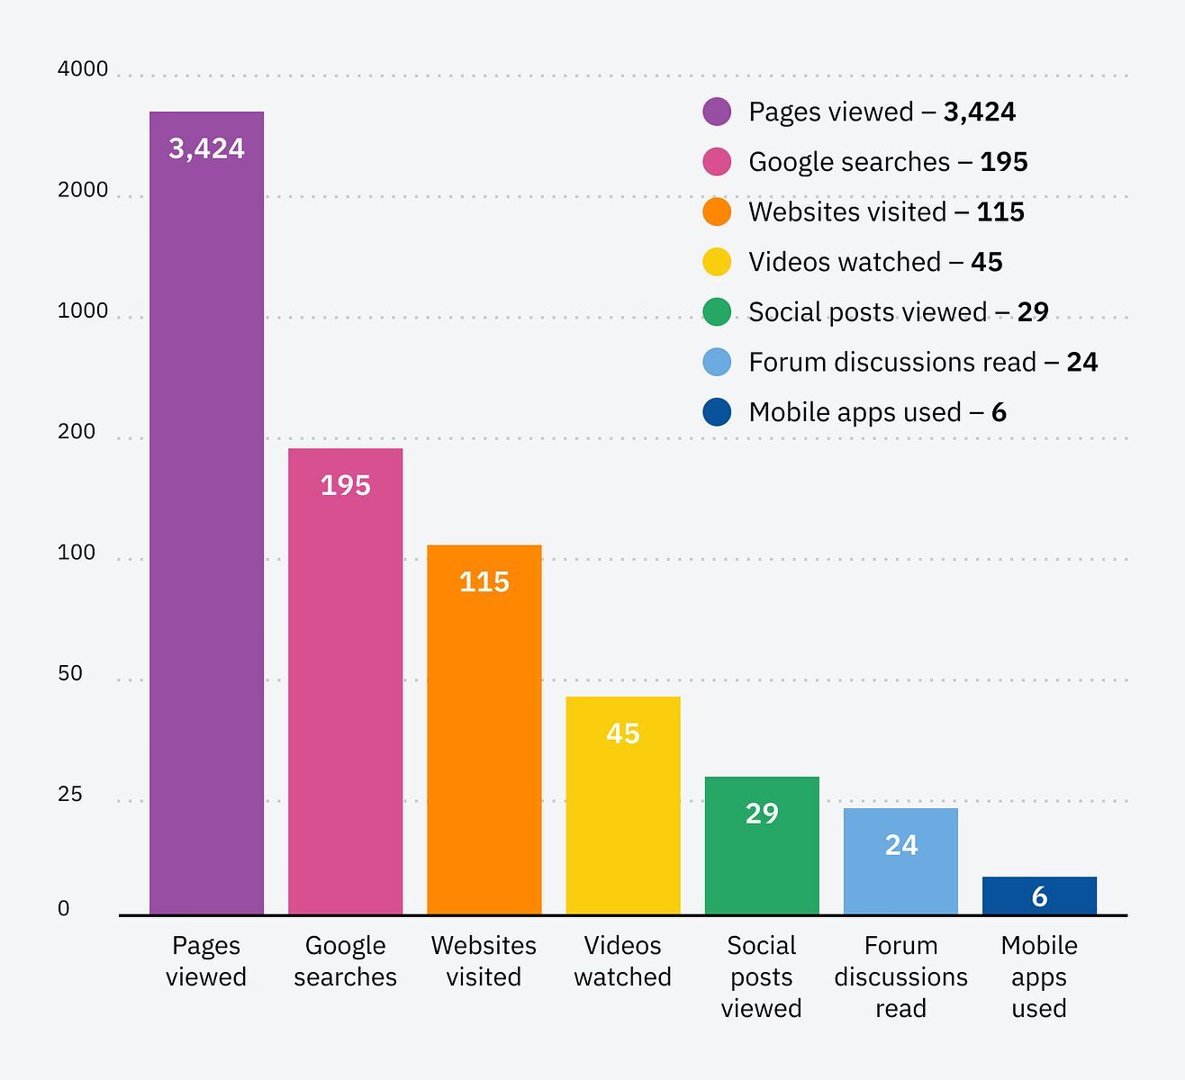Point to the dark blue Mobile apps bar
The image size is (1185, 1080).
[1039, 896]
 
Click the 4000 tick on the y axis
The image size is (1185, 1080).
[83, 69]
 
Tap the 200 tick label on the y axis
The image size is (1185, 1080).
[77, 432]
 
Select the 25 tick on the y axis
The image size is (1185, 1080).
[70, 794]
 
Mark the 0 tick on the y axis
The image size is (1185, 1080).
[63, 909]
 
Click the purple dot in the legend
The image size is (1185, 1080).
[717, 112]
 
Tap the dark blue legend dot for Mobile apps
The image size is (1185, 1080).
[717, 412]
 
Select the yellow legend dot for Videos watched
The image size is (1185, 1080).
[717, 262]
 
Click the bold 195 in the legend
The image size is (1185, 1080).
[1003, 162]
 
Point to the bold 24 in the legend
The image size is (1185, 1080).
[1081, 362]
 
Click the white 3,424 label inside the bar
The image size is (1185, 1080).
[206, 148]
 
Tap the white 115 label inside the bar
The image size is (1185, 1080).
[484, 582]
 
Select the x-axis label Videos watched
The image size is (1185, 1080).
[622, 961]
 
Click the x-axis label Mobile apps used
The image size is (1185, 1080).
[1039, 976]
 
